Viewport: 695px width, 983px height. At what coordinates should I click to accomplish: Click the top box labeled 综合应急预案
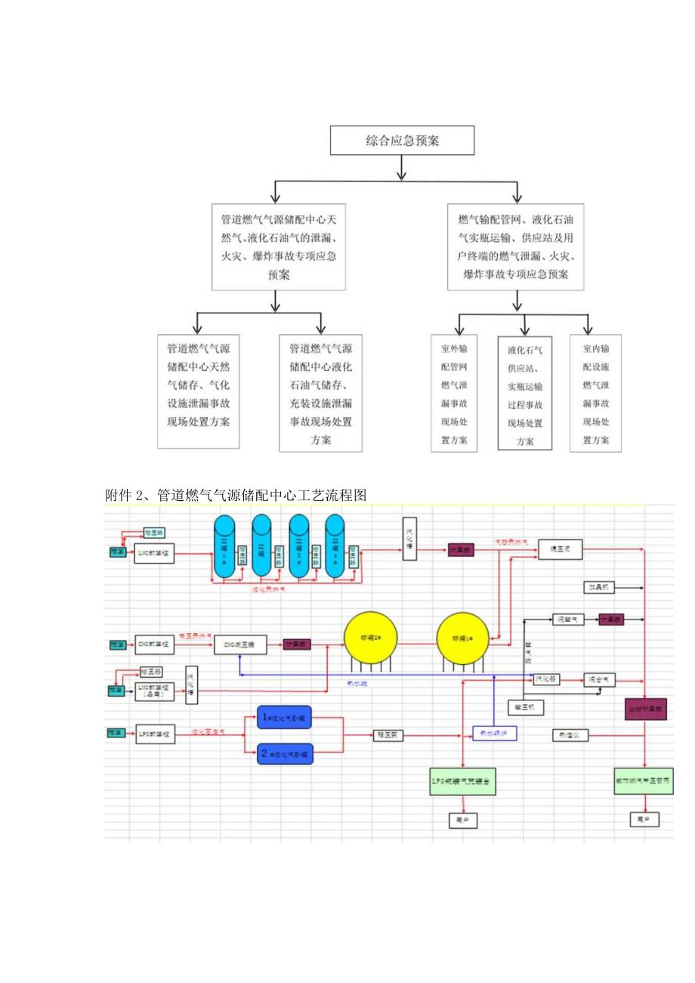[x=402, y=141]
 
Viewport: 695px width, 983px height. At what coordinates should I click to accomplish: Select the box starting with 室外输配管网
[x=454, y=394]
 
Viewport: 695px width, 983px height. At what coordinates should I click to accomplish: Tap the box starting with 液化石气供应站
[x=524, y=393]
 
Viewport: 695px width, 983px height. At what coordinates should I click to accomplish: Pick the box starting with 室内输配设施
[x=595, y=394]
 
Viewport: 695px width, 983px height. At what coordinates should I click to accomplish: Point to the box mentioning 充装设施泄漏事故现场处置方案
[x=320, y=394]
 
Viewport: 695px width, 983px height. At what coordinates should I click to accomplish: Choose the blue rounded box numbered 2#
[x=285, y=753]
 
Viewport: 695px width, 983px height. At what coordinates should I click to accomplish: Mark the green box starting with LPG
[x=462, y=780]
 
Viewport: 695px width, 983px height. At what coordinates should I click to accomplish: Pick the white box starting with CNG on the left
[x=154, y=645]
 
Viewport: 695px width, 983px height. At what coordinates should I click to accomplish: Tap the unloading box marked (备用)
[x=154, y=691]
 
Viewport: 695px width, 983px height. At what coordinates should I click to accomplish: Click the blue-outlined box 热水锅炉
[x=494, y=733]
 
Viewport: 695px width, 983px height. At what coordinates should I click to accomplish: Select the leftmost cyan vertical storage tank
[x=224, y=546]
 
